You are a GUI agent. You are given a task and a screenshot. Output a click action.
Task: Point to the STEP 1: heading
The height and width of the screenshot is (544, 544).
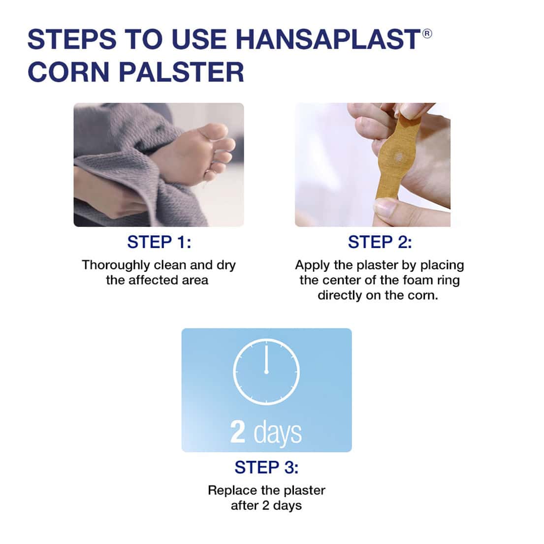pyautogui.click(x=159, y=242)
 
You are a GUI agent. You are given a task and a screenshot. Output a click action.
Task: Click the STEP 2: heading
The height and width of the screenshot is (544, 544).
pyautogui.click(x=380, y=242)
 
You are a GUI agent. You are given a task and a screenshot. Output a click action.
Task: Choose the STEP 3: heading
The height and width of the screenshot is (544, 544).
pyautogui.click(x=266, y=467)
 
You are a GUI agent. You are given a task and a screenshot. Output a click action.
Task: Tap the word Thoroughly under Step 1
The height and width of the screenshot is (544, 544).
pyautogui.click(x=116, y=265)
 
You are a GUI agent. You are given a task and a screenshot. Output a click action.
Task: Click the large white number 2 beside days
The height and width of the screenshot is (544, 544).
pyautogui.click(x=238, y=431)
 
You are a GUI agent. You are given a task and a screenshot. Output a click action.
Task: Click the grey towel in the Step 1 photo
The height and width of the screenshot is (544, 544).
pyautogui.click(x=113, y=143)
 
